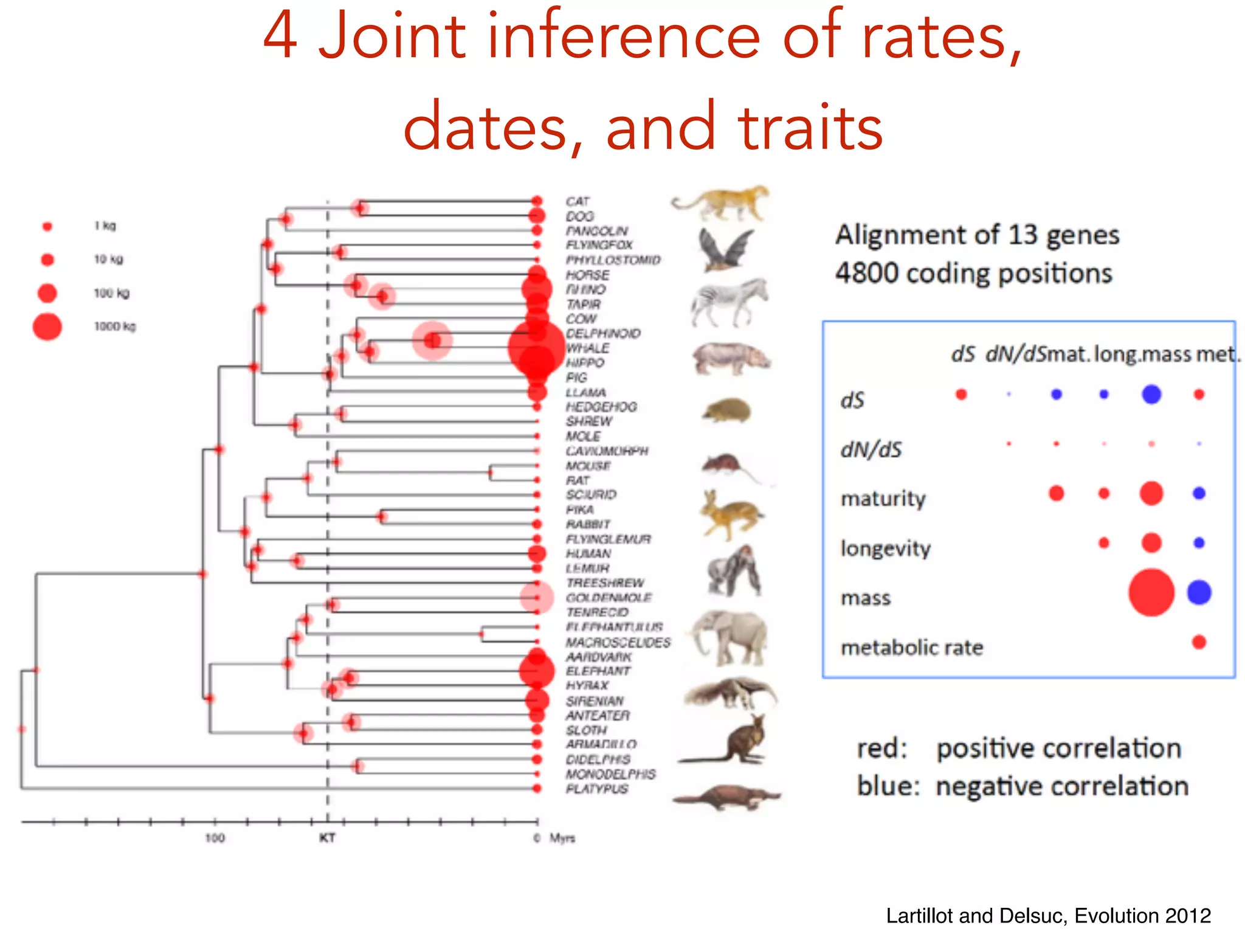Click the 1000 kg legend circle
(47, 327)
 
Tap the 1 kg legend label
(105, 226)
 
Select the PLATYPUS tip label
(596, 789)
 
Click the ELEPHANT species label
(598, 671)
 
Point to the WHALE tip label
(587, 348)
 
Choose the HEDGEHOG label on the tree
(601, 406)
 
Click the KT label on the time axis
(327, 838)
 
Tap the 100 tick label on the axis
(214, 838)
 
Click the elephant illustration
(728, 638)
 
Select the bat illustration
(725, 249)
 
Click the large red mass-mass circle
(1151, 592)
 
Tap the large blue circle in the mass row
(1199, 592)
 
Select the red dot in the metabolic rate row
(1199, 642)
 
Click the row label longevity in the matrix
(885, 548)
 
